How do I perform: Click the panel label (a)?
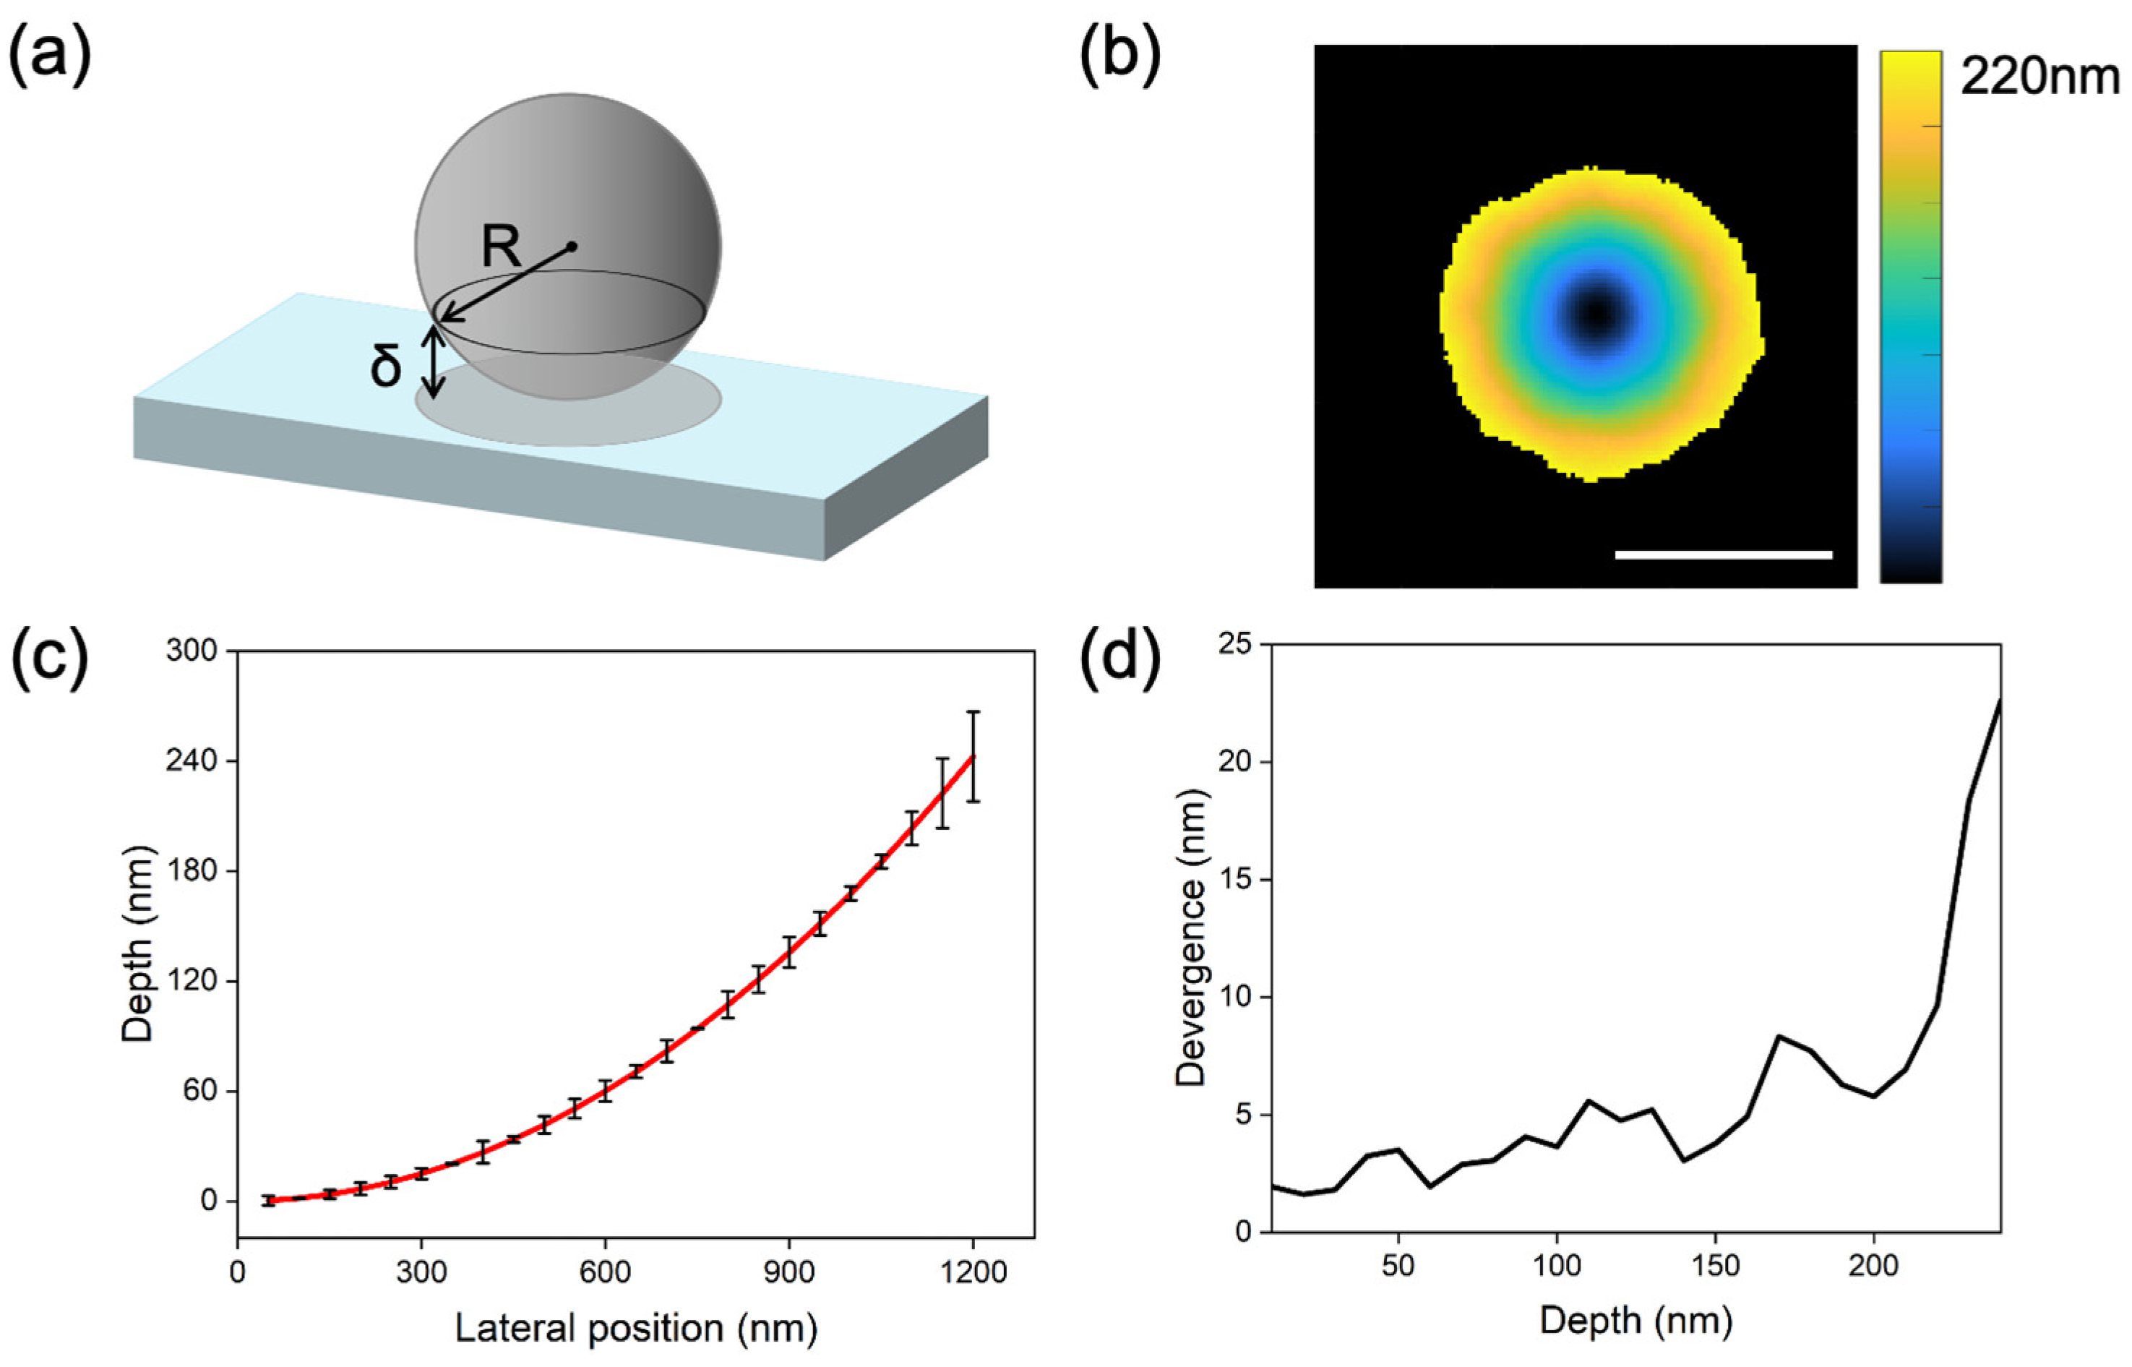coord(49,55)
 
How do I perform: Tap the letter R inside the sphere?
coord(502,247)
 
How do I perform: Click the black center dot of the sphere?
coord(572,246)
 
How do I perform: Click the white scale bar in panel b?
coord(1723,554)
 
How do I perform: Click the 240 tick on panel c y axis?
coord(192,760)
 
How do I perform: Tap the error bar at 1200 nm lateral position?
coord(973,756)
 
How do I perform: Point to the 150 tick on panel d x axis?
coord(1715,1265)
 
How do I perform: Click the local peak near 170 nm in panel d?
coord(1778,1036)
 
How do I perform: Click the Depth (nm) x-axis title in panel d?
coord(1635,1321)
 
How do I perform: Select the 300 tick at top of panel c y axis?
coord(192,651)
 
